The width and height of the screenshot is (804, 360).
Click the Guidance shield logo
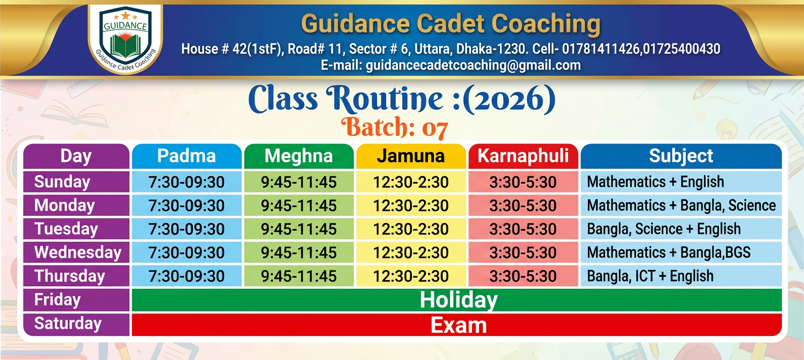click(125, 38)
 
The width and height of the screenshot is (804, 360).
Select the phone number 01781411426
click(601, 49)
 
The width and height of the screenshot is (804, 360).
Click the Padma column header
click(187, 156)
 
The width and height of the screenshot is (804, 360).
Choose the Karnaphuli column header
click(523, 156)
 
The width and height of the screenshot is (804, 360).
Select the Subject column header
click(681, 156)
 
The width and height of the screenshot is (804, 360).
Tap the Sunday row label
click(76, 182)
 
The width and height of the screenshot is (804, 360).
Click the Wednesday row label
click(76, 252)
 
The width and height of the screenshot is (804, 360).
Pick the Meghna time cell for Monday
click(299, 205)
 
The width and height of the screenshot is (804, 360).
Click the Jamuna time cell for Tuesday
click(411, 229)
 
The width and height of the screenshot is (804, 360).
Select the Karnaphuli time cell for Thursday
click(523, 276)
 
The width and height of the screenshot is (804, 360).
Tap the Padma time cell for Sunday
click(187, 182)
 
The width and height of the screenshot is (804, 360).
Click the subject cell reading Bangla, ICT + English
click(681, 276)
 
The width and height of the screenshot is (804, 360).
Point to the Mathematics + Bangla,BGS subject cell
click(681, 252)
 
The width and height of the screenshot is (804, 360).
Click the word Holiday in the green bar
click(459, 300)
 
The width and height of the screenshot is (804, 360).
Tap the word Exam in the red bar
click(459, 325)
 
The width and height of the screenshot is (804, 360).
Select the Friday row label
click(76, 300)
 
